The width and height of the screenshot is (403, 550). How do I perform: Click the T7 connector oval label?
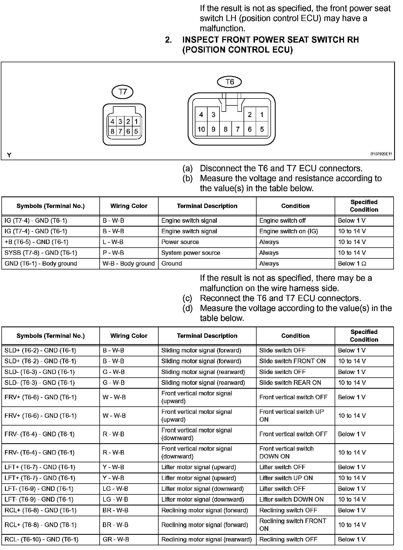[x=122, y=92]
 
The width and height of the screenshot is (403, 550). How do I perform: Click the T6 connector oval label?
[x=229, y=82]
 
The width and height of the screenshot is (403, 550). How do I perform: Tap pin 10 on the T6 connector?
[x=201, y=129]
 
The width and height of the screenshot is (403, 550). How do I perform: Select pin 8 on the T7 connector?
[x=112, y=131]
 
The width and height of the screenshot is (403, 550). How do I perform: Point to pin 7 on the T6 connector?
[x=237, y=129]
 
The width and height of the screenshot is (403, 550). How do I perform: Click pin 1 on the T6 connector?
[x=262, y=115]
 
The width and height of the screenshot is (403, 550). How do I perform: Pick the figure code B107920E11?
[x=381, y=154]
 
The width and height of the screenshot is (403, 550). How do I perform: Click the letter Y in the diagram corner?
[x=9, y=155]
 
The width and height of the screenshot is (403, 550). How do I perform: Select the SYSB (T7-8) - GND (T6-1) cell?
[x=41, y=253]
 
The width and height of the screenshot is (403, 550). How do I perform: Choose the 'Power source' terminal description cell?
[x=180, y=242]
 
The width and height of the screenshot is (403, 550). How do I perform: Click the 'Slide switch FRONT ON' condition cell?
[x=292, y=361]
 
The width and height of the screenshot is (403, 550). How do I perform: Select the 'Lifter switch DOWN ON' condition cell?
[x=291, y=499]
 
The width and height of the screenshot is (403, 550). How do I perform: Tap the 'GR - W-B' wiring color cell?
[x=116, y=539]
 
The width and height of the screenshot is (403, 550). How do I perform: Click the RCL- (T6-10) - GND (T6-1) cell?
[x=42, y=539]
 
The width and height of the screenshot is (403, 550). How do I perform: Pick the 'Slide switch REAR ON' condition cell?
[x=290, y=383]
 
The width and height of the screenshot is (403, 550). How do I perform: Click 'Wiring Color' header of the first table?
[x=129, y=206]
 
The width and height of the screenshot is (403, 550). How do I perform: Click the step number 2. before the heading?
[x=168, y=40]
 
